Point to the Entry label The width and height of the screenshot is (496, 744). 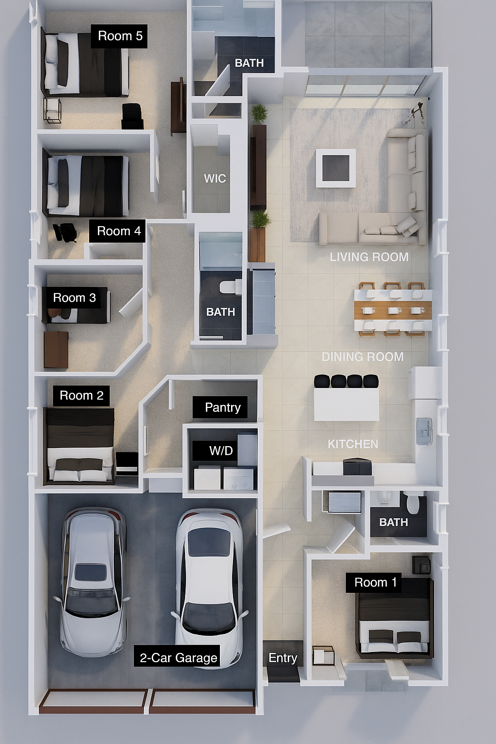pos(283,657)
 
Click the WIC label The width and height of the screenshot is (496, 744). pos(215,178)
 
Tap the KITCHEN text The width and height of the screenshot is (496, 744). pos(353,444)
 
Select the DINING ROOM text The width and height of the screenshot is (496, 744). pos(362,356)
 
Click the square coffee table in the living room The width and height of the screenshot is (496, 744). pos(335,168)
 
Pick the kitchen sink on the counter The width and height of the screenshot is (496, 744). pos(424,431)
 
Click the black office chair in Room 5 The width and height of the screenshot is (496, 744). pos(132,116)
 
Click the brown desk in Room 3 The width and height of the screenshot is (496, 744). pos(56,349)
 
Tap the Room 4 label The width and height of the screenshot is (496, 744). pos(118,231)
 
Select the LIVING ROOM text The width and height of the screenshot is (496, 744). pos(369,257)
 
